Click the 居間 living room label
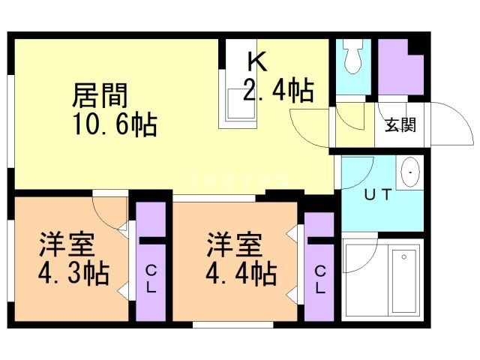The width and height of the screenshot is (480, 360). (100, 95)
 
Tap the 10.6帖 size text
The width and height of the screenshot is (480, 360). (115, 124)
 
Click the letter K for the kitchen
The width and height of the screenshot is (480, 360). (256, 61)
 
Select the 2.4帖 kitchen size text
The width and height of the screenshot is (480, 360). (278, 90)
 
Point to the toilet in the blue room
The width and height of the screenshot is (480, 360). (353, 56)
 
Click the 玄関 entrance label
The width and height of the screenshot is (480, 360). (400, 125)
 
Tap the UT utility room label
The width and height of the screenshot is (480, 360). (378, 195)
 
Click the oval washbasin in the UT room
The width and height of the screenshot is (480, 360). (410, 172)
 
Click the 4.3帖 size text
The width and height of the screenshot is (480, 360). (73, 273)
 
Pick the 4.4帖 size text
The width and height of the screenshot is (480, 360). (241, 273)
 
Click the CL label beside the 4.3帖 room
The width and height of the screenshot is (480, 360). (151, 278)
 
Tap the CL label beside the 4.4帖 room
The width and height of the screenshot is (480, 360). (319, 279)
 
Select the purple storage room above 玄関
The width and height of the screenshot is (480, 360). (400, 67)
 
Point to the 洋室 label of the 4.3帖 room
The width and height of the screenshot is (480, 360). (67, 244)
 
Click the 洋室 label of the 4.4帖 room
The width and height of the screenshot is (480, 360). (235, 244)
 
